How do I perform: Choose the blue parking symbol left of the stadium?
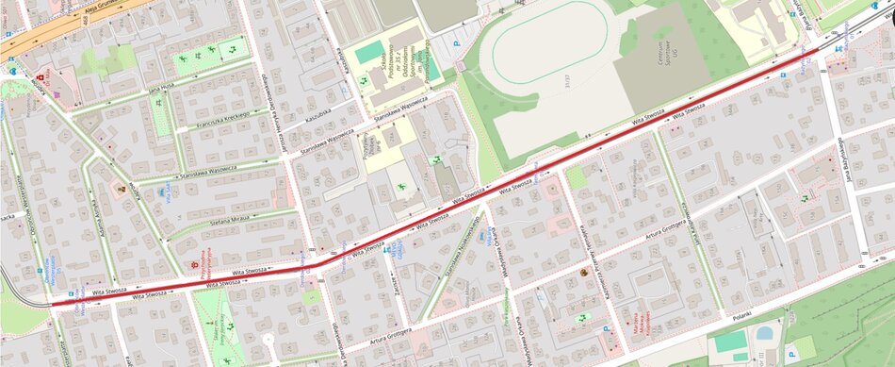coord(458,43)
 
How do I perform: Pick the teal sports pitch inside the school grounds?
coord(370,52)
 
